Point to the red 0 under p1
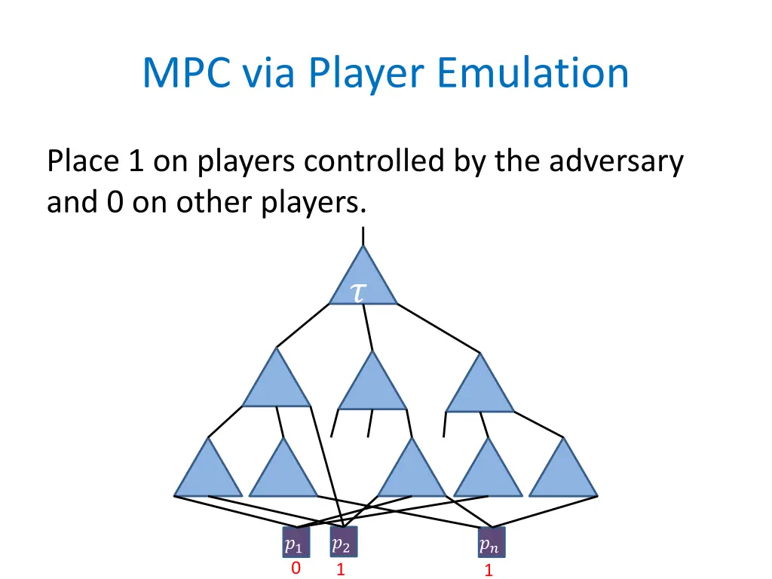point(296,568)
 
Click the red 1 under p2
point(341,570)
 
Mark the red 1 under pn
point(489,571)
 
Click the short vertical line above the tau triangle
point(363,235)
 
